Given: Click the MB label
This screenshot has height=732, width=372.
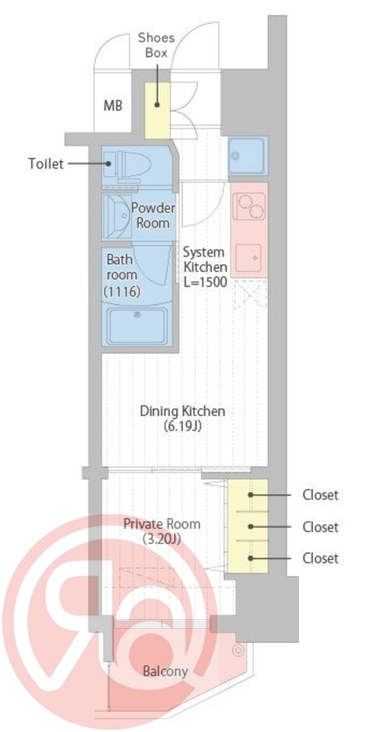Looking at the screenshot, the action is pyautogui.click(x=113, y=106).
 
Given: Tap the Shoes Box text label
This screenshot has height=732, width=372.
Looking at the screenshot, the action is pyautogui.click(x=156, y=45).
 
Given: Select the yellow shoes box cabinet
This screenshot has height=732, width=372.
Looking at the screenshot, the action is pyautogui.click(x=157, y=110).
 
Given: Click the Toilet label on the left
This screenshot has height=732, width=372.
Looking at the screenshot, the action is pyautogui.click(x=45, y=164).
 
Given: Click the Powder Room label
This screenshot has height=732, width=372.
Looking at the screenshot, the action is pyautogui.click(x=153, y=215).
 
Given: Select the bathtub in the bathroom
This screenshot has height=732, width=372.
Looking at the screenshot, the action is pyautogui.click(x=137, y=326).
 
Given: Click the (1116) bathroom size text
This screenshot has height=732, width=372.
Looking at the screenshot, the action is pyautogui.click(x=122, y=292).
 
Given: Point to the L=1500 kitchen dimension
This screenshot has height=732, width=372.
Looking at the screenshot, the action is pyautogui.click(x=205, y=282).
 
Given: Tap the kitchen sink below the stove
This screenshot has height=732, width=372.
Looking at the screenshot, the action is pyautogui.click(x=248, y=258).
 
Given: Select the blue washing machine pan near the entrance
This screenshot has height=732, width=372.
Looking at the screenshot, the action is pyautogui.click(x=247, y=156).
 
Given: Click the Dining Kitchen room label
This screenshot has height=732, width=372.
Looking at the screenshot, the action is pyautogui.click(x=182, y=411).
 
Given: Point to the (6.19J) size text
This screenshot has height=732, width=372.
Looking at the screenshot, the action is pyautogui.click(x=182, y=426).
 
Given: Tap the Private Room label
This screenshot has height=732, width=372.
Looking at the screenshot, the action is pyautogui.click(x=161, y=524).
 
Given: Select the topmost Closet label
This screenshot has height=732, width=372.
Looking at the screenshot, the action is pyautogui.click(x=320, y=494).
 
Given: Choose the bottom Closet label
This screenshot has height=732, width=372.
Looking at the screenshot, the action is pyautogui.click(x=320, y=558).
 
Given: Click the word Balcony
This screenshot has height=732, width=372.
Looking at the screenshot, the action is pyautogui.click(x=165, y=671).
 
